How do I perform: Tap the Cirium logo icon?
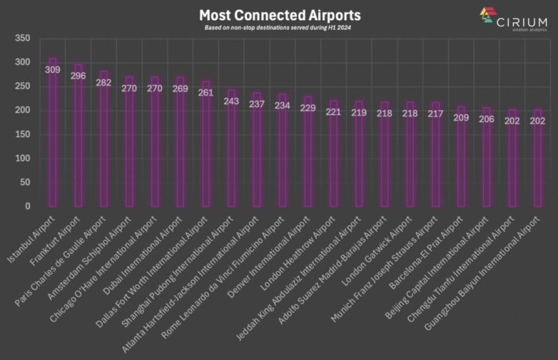487,15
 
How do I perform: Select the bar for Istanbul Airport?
52,140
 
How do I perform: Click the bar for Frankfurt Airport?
78,140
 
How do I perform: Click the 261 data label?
206,93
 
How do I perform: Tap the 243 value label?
231,101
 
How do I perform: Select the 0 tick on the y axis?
27,207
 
